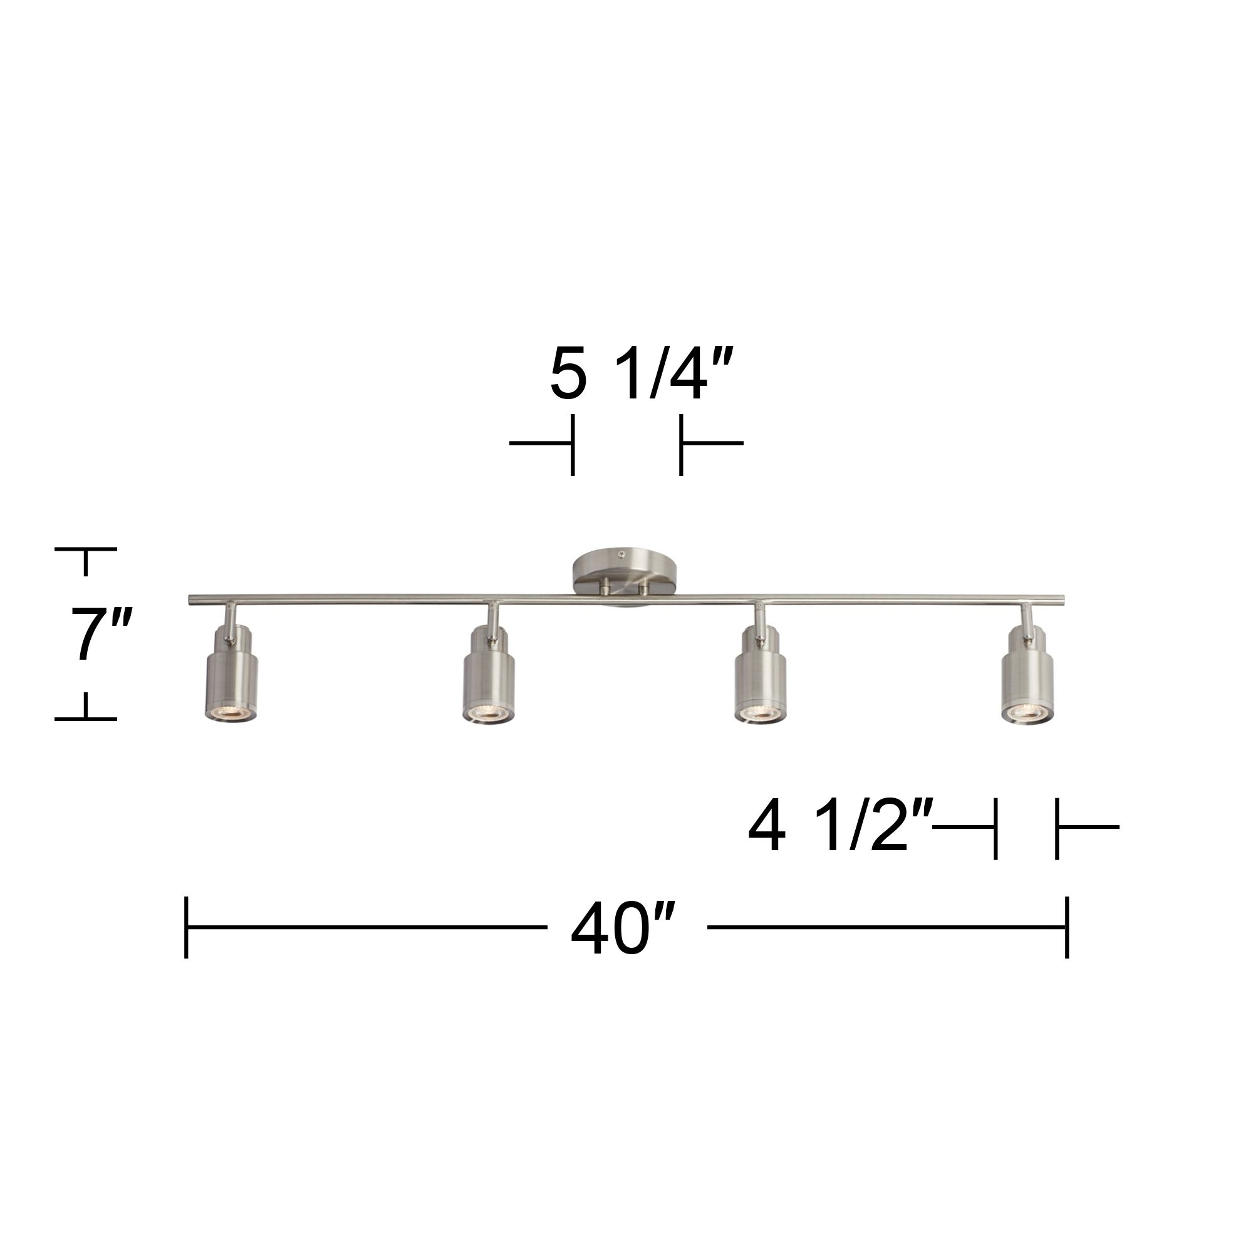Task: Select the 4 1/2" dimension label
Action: click(841, 827)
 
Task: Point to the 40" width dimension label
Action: click(623, 928)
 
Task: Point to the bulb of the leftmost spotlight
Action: click(231, 712)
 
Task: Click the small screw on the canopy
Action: click(622, 554)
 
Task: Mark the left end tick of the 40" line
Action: click(186, 927)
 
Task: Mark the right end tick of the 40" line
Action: click(1067, 927)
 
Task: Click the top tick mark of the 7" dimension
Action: click(86, 549)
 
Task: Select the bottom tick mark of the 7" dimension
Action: click(86, 719)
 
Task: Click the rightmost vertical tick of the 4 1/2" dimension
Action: click(1057, 828)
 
